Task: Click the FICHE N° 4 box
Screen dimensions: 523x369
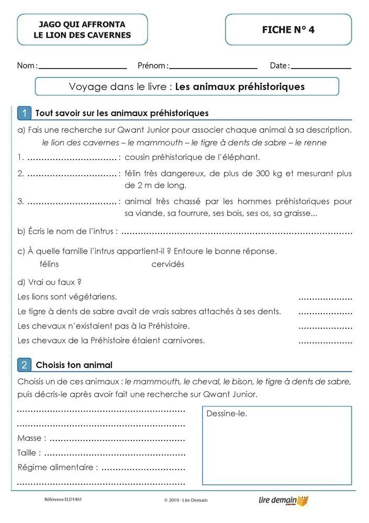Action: [288, 30]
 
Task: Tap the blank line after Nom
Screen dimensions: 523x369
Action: [83, 68]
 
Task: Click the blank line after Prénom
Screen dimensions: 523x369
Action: [213, 68]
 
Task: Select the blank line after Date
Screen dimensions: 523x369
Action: [321, 68]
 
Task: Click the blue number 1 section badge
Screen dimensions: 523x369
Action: [24, 113]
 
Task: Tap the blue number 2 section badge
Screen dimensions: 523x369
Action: [24, 365]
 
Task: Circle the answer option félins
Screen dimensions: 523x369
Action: [49, 264]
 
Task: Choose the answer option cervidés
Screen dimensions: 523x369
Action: [168, 264]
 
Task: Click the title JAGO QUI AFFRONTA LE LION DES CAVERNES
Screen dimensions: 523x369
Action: [82, 30]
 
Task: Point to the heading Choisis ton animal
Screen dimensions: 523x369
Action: [74, 365]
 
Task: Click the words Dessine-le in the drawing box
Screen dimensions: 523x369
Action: [227, 414]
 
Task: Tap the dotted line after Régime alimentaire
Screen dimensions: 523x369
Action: [143, 468]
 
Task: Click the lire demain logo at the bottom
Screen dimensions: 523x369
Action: [283, 501]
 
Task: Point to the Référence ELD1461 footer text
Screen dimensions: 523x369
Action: [63, 499]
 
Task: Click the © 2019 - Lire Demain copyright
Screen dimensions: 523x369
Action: [186, 500]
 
